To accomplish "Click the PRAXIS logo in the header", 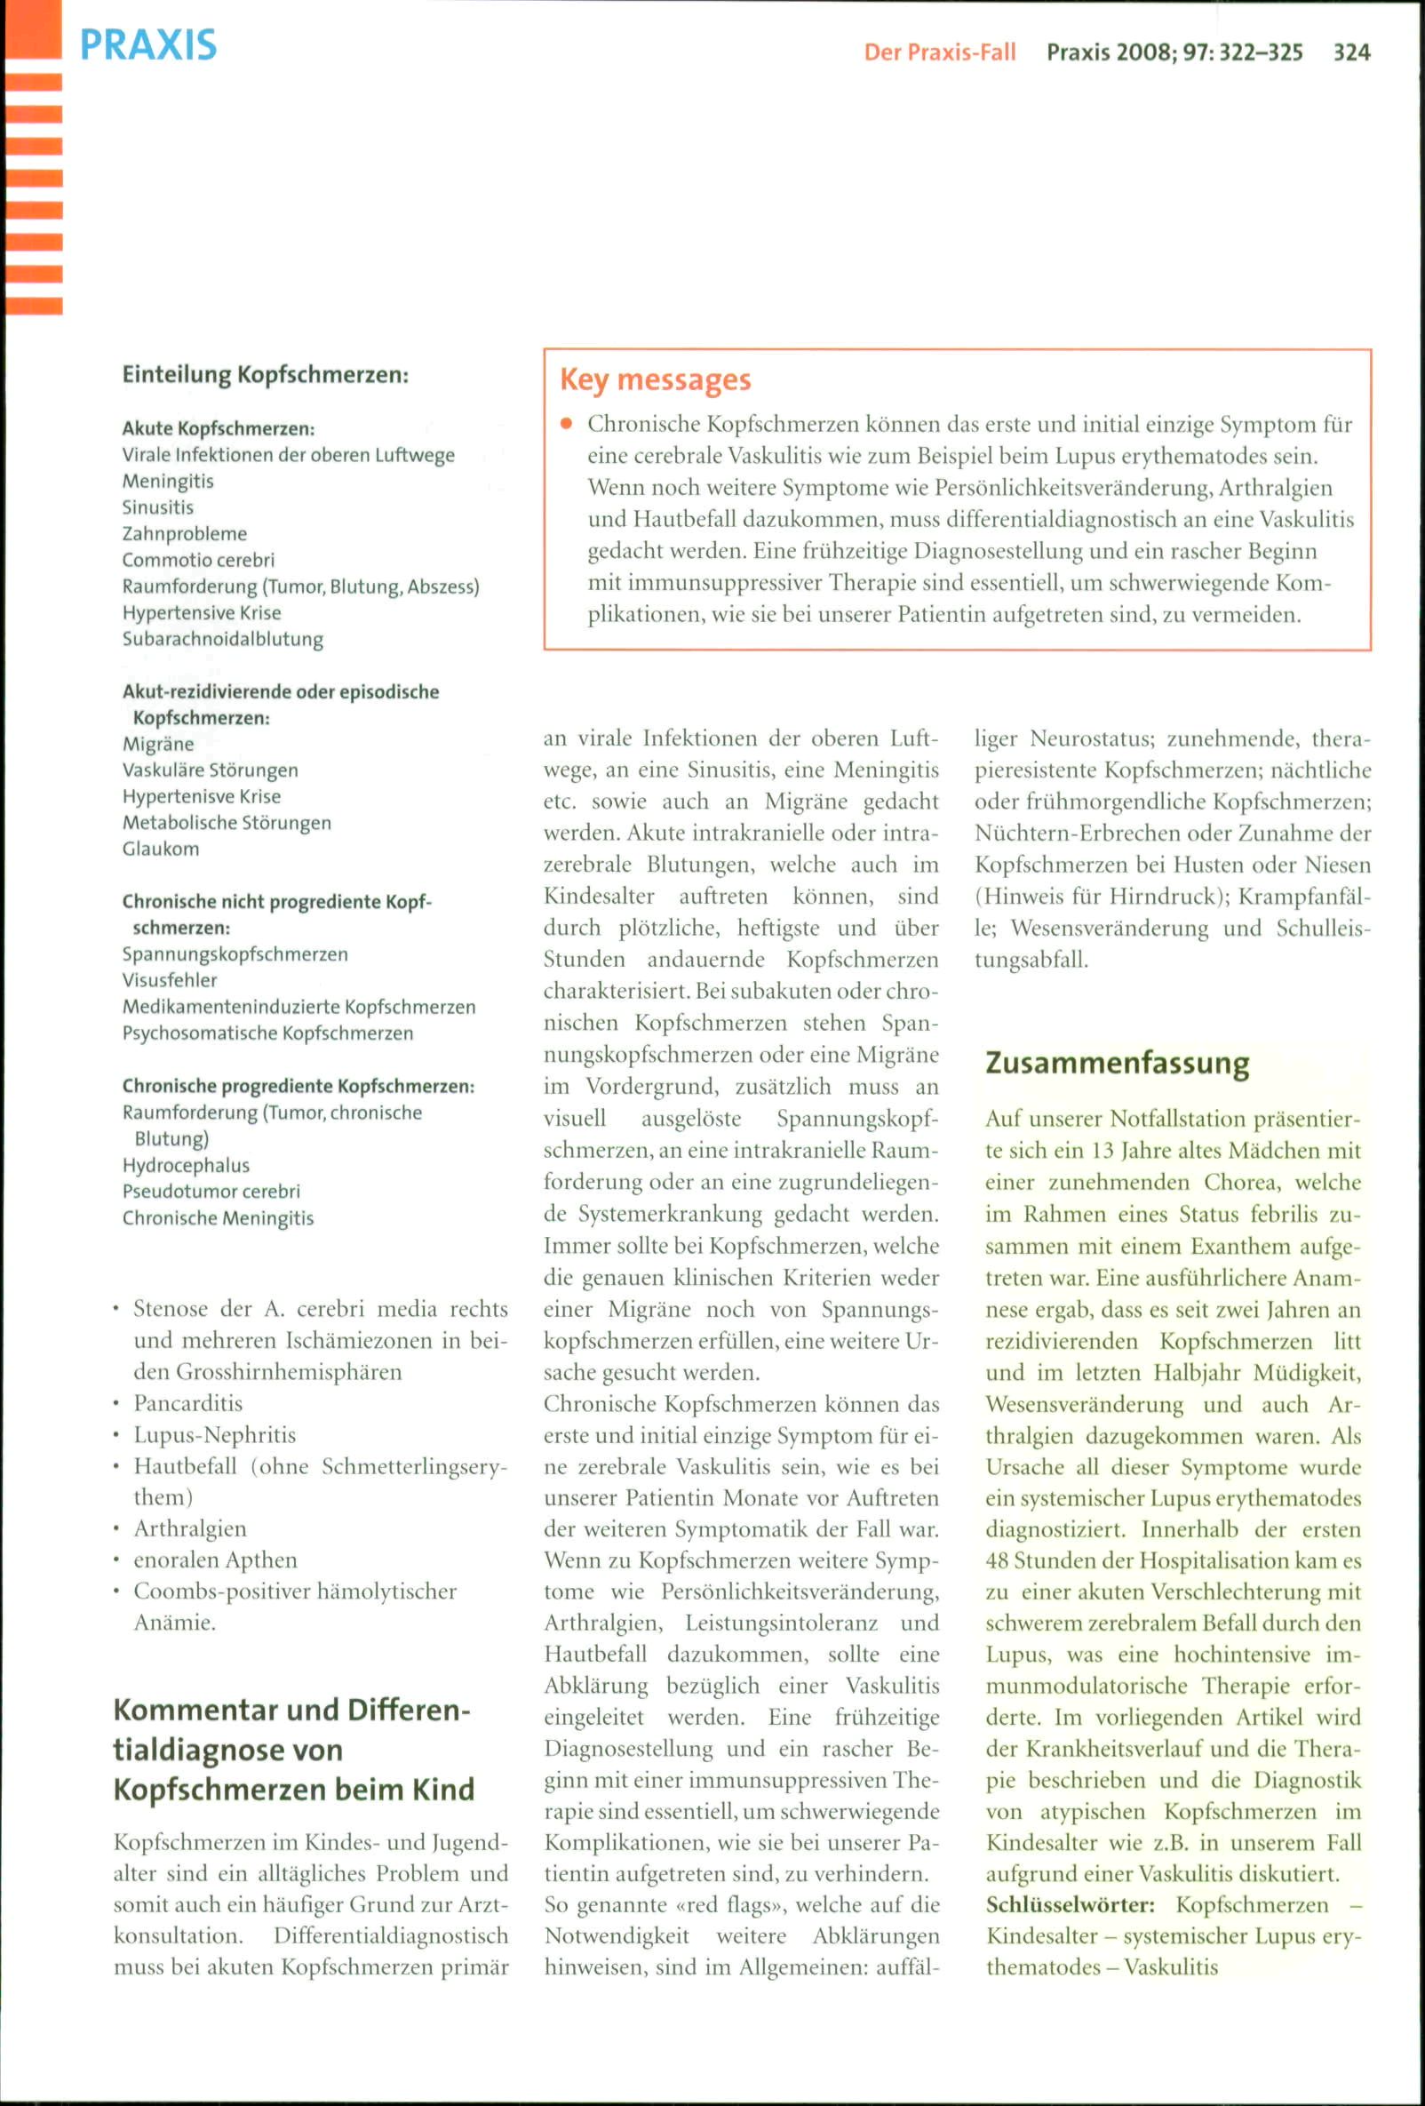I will [147, 44].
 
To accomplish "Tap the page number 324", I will [1350, 52].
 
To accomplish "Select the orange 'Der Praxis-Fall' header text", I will [939, 52].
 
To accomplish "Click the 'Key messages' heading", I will [655, 379].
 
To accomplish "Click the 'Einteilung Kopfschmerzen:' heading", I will [266, 374].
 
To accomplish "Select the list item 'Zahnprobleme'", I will [185, 534].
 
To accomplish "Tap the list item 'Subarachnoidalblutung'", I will [223, 639].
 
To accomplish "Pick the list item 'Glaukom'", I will [160, 850].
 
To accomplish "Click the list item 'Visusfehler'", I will [171, 980].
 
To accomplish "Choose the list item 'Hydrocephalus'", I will [186, 1165].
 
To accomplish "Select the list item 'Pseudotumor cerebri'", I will [211, 1192].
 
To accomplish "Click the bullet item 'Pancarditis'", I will [188, 1404].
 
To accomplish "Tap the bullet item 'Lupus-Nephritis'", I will [215, 1435].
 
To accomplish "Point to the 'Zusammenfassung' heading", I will [1117, 1063].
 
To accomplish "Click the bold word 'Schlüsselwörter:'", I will [1070, 1905].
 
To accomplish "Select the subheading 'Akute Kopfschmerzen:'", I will [219, 428].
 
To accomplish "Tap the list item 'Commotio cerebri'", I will [198, 560].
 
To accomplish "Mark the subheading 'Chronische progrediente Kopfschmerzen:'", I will [298, 1087].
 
